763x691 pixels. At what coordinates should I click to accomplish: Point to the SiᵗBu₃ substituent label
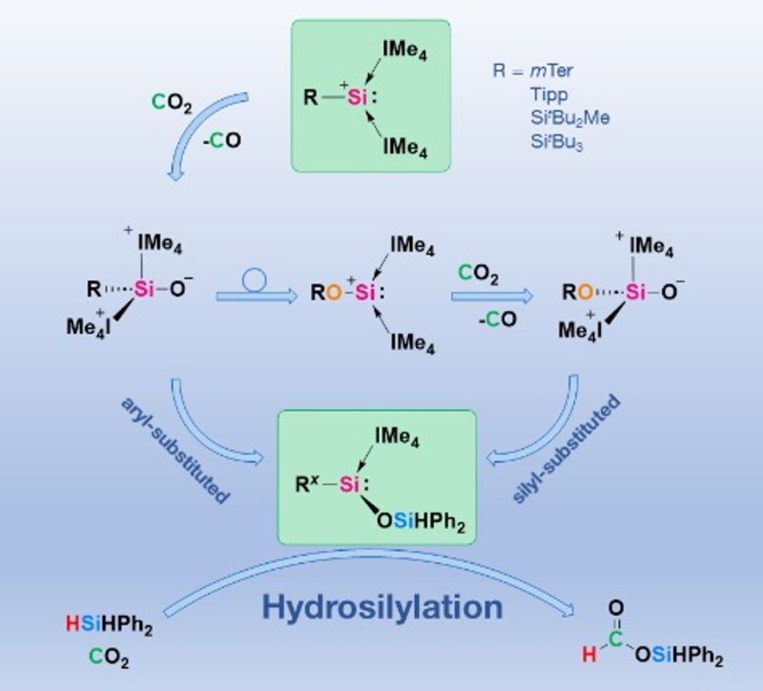tap(561, 140)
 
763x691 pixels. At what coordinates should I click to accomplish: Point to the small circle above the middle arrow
tap(256, 278)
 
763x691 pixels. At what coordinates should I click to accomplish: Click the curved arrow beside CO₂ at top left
tap(186, 133)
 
